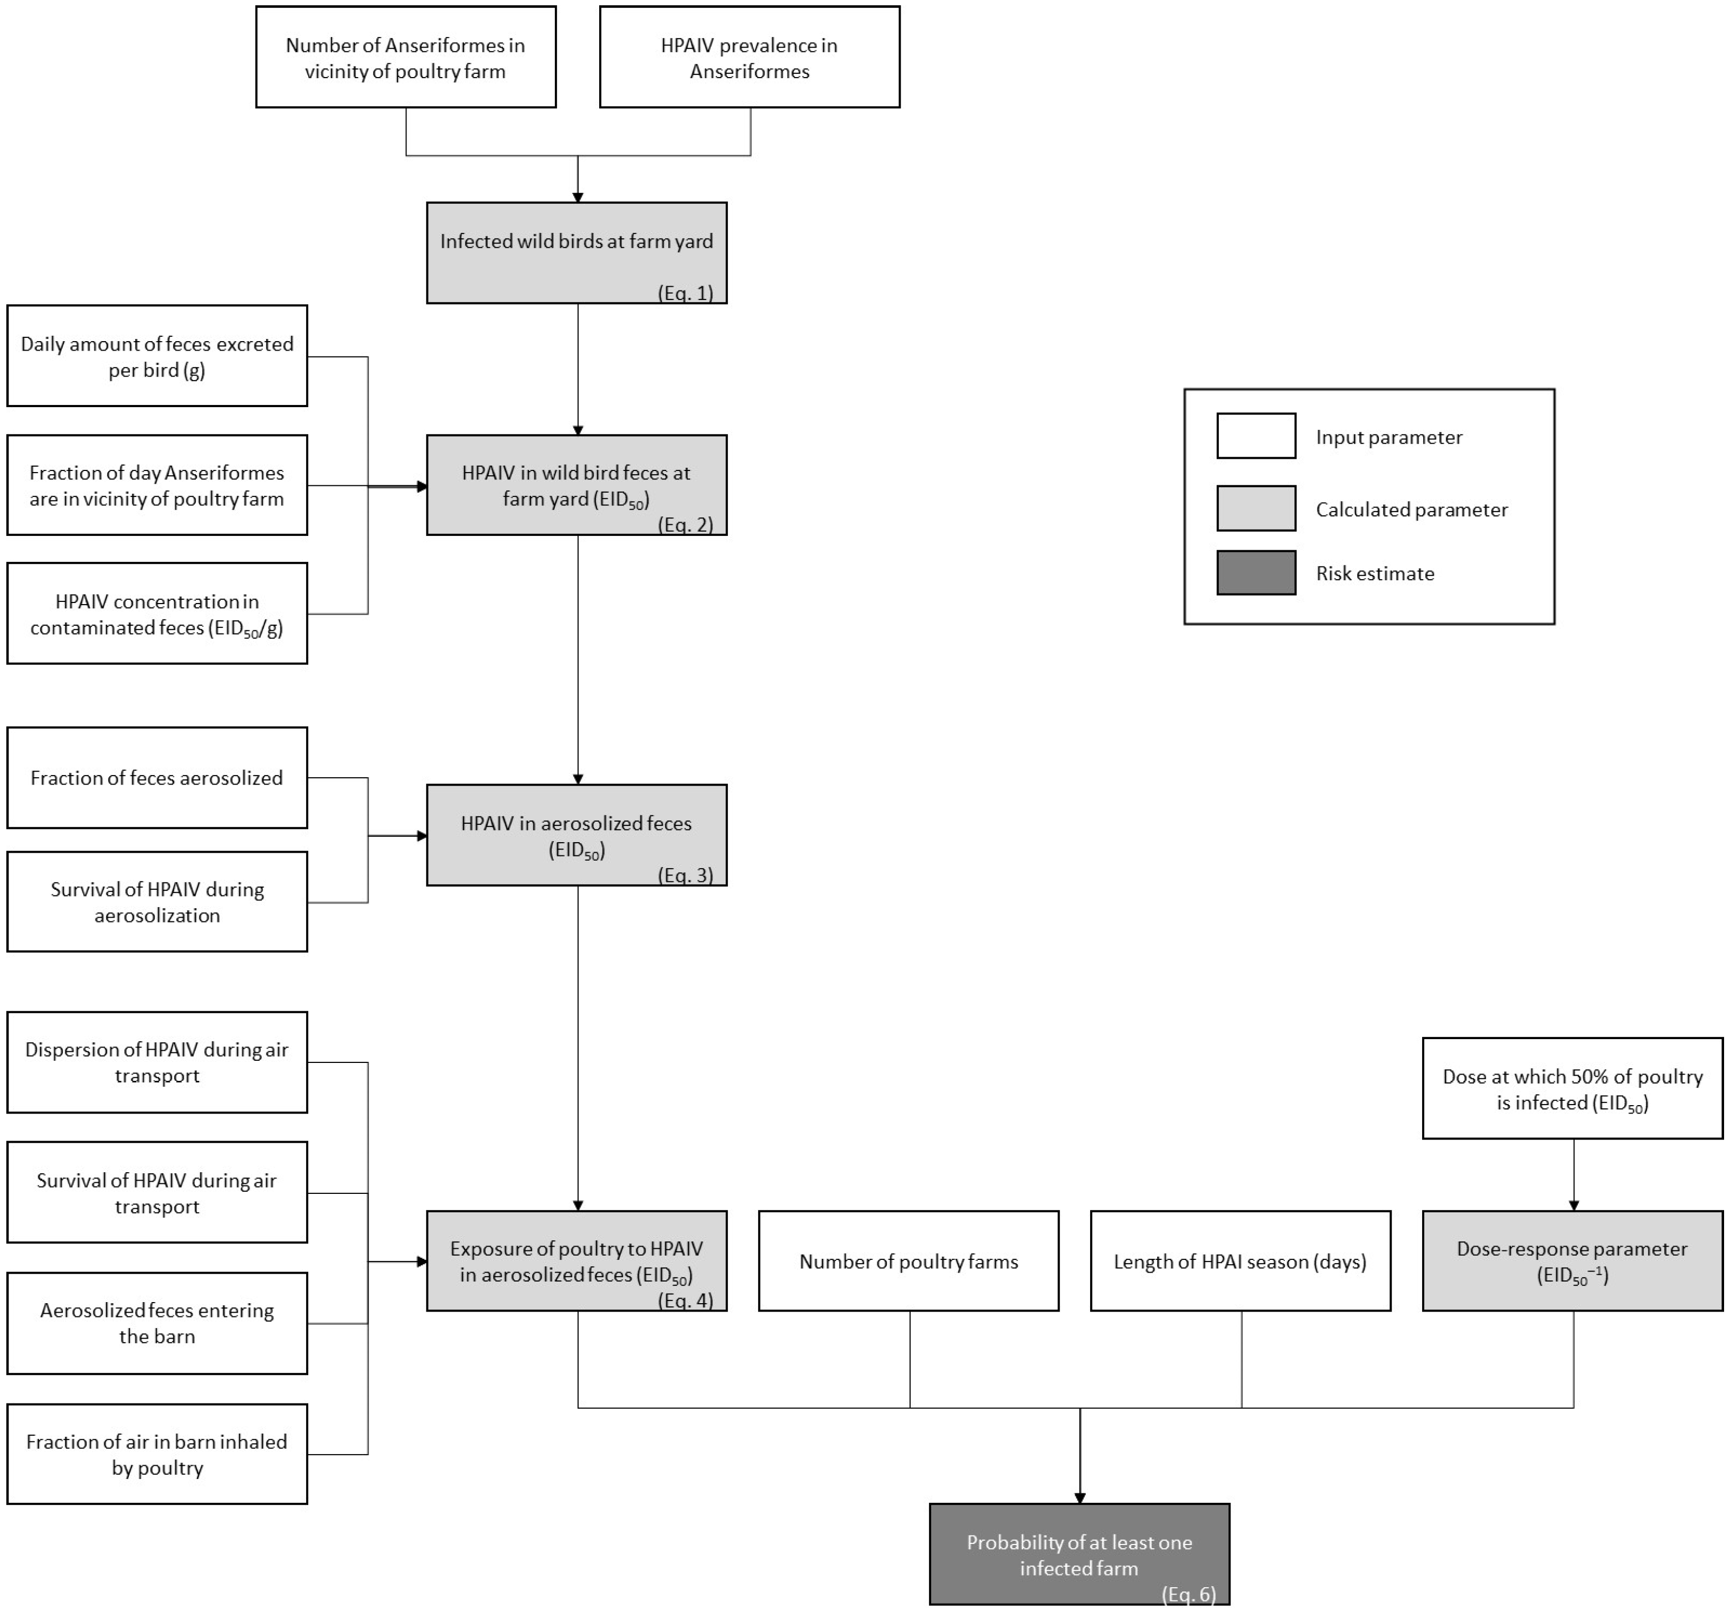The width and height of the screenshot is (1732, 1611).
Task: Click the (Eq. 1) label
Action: tap(686, 293)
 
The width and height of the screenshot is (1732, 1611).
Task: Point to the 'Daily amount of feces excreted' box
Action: tap(157, 355)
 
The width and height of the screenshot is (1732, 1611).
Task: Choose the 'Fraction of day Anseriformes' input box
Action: tap(157, 485)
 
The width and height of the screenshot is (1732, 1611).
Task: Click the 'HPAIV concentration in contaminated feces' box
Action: tap(157, 614)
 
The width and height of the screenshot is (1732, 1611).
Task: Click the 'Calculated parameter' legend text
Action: tap(1412, 509)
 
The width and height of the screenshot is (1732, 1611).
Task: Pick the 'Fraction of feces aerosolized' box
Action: tap(157, 777)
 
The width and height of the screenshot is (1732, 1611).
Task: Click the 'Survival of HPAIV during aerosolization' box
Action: tap(157, 902)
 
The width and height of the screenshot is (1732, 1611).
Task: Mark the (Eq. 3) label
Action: tap(686, 875)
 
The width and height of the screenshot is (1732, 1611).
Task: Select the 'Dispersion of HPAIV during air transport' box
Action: tap(157, 1062)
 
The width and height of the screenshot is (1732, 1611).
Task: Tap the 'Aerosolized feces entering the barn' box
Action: tap(157, 1323)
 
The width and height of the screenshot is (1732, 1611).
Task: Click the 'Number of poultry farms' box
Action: tap(908, 1261)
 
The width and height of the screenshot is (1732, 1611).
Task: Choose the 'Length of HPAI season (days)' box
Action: tap(1240, 1261)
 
